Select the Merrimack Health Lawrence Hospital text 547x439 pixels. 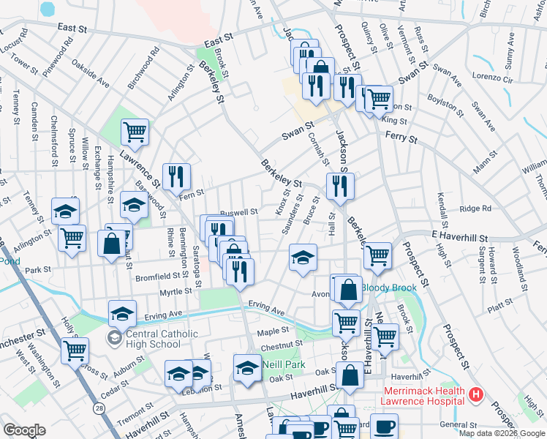(x=422, y=396)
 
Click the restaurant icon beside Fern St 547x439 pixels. (x=176, y=176)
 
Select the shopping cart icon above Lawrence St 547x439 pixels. (x=135, y=132)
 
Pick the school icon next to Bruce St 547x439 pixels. (x=303, y=258)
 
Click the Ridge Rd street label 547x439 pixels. (x=475, y=209)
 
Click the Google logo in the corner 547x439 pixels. (x=24, y=430)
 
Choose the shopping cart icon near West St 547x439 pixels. (x=75, y=350)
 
